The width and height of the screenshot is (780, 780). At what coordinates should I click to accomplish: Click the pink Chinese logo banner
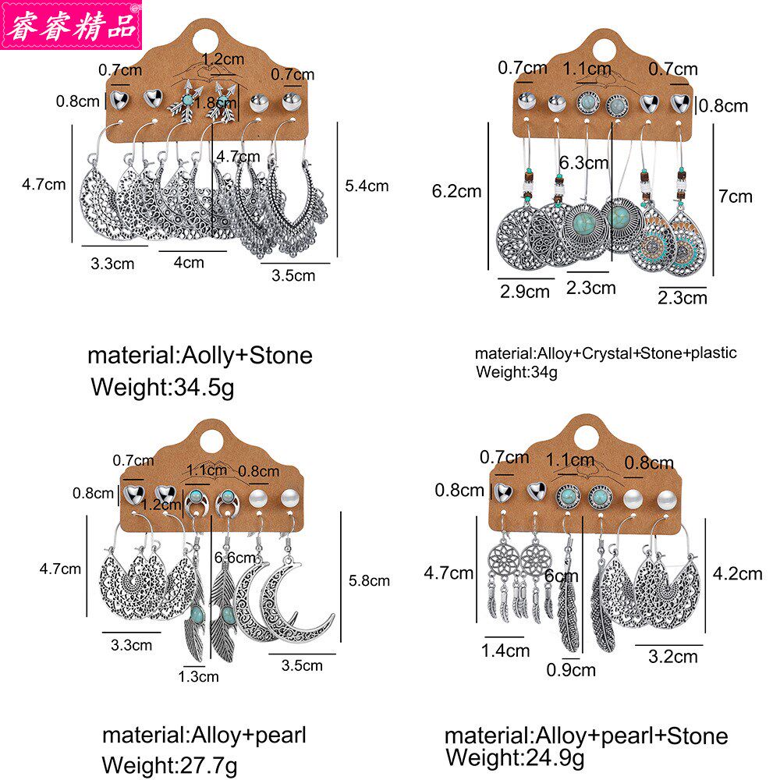click(71, 24)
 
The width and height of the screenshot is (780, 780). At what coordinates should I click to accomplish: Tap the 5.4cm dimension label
click(367, 186)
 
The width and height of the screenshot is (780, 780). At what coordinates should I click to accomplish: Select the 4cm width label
click(189, 262)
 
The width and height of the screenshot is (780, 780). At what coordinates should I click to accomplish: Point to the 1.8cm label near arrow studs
click(215, 102)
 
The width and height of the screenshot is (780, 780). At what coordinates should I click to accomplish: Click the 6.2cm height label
click(456, 192)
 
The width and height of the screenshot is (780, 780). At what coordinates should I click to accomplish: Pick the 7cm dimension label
click(735, 197)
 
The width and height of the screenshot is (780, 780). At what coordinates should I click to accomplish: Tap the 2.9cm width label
click(524, 292)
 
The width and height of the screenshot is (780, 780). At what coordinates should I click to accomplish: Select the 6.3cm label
click(583, 163)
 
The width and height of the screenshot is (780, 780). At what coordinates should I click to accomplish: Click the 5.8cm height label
click(369, 580)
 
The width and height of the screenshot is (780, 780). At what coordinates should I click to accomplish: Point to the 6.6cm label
click(235, 558)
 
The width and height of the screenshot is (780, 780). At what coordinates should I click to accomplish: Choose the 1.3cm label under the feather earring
click(198, 676)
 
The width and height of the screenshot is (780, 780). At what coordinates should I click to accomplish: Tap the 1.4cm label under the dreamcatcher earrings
click(505, 651)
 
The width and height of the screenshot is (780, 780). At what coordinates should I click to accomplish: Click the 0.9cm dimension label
click(571, 670)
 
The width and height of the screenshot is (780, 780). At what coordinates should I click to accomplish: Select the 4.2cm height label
click(737, 573)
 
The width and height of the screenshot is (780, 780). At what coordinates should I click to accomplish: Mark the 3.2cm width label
click(672, 657)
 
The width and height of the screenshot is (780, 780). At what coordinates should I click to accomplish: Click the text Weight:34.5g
click(162, 388)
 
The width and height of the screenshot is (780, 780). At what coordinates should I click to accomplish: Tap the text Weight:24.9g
click(515, 758)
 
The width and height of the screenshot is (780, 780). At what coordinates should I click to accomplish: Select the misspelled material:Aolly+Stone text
click(200, 355)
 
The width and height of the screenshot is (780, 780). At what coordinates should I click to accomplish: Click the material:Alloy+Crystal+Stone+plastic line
click(605, 353)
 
